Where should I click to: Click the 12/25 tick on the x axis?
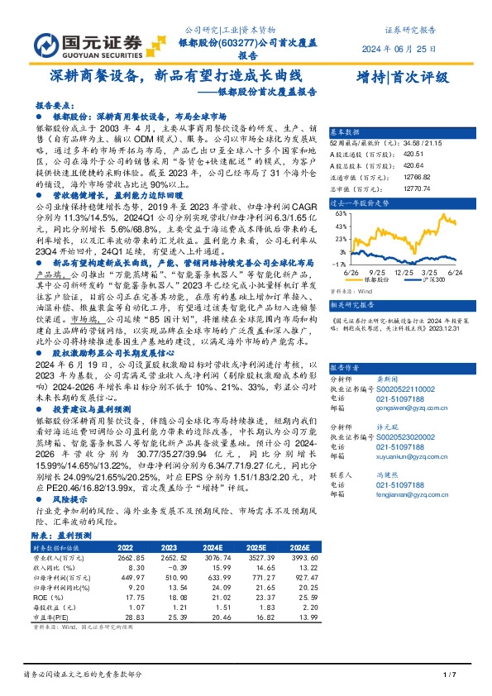[x=400, y=271]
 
